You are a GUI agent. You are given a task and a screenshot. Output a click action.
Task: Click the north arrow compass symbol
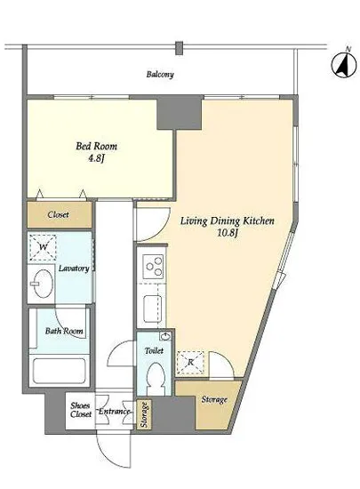[x=343, y=65]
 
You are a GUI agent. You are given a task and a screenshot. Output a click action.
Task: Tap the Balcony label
[x=160, y=75]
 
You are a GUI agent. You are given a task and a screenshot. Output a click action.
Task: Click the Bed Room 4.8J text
[x=96, y=152]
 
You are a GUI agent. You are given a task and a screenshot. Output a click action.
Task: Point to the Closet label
[x=59, y=214]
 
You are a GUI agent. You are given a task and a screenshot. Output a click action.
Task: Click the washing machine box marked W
[x=43, y=247]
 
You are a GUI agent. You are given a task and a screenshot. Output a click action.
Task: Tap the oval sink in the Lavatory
[x=42, y=284]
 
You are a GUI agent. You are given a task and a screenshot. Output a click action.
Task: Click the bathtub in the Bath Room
[x=60, y=371]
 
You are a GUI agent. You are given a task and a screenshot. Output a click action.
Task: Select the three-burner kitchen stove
[x=154, y=267]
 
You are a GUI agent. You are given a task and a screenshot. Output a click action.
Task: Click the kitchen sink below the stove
[x=153, y=309]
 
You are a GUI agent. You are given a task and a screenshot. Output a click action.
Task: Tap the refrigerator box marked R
[x=190, y=363]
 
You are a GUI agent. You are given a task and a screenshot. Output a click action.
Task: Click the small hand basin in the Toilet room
[x=164, y=336]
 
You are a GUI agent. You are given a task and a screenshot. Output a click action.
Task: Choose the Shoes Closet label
[x=81, y=410]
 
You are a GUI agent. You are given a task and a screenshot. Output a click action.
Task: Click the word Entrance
[x=114, y=412]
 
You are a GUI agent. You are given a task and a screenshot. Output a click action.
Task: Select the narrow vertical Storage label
[x=144, y=414]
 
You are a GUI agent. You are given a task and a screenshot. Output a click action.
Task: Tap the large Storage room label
[x=214, y=399]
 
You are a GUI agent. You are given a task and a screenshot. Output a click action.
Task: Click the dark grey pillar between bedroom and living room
[x=180, y=113]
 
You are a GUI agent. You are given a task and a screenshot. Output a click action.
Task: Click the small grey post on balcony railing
[x=179, y=48]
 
